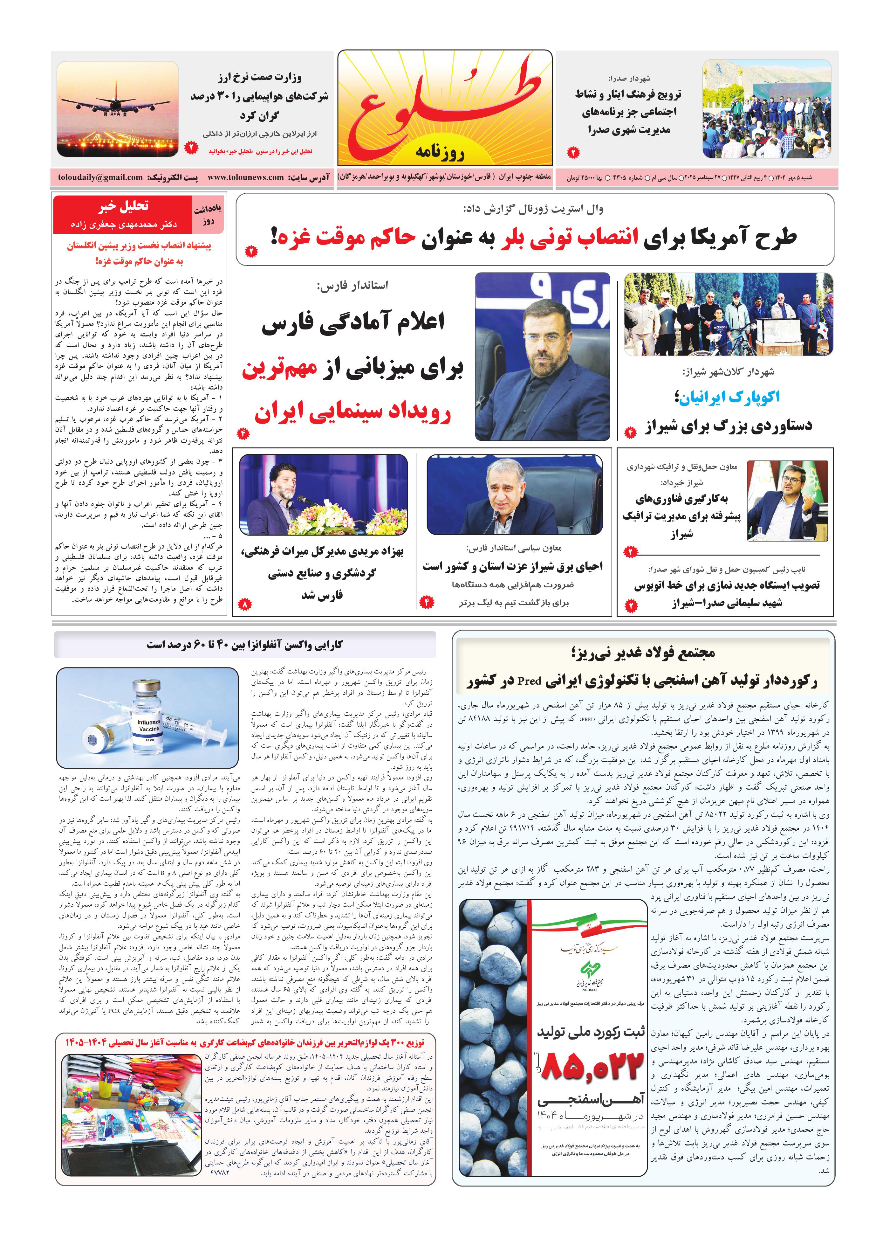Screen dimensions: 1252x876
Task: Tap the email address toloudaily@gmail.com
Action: point(100,177)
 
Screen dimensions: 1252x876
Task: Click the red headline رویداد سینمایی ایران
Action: point(353,414)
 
